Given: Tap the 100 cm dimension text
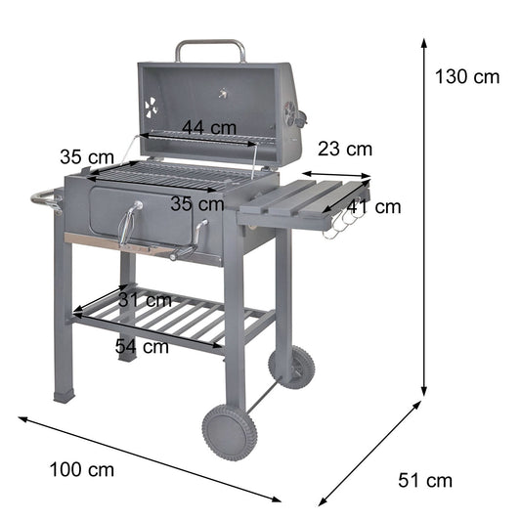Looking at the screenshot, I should pos(81,469).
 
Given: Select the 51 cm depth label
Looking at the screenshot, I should pos(425,480).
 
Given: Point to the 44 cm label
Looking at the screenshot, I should pos(209,127).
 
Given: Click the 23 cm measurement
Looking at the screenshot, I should pos(345,150).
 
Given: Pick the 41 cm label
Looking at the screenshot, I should pos(373,206).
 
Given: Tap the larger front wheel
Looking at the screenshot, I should pos(229,431).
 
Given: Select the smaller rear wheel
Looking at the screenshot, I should pos(292,367).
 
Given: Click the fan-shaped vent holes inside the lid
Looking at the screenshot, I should pos(152,108).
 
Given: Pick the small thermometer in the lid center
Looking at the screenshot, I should pos(224,95).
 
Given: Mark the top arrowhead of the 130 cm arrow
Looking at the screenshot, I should pos(425,41).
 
